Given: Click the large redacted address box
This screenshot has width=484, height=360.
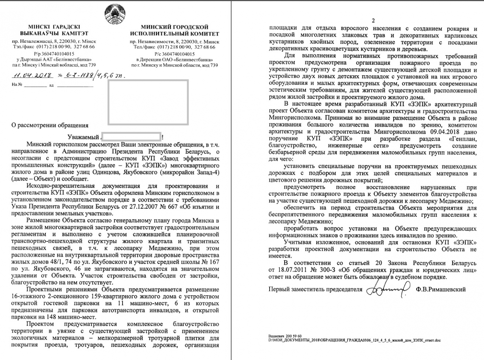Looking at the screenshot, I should pyautogui.click(x=149, y=103).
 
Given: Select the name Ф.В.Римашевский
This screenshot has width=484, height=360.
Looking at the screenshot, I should pyautogui.click(x=440, y=290).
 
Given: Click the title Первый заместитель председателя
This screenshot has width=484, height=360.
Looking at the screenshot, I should pyautogui.click(x=313, y=290).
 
